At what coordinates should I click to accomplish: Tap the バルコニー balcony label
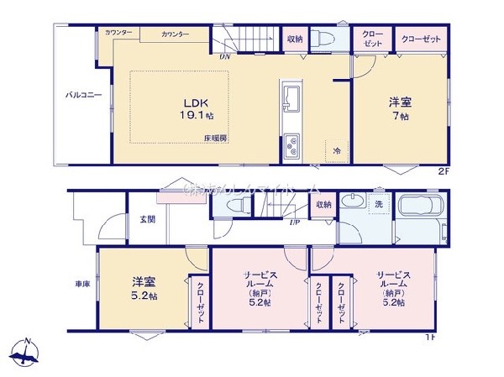(x=84, y=95)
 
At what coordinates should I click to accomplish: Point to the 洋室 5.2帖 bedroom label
(x=142, y=288)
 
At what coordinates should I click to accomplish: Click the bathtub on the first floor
(x=425, y=209)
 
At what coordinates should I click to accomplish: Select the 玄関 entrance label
(x=147, y=219)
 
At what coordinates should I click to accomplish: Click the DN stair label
(x=225, y=57)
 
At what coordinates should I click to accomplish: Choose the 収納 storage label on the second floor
(x=294, y=39)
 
